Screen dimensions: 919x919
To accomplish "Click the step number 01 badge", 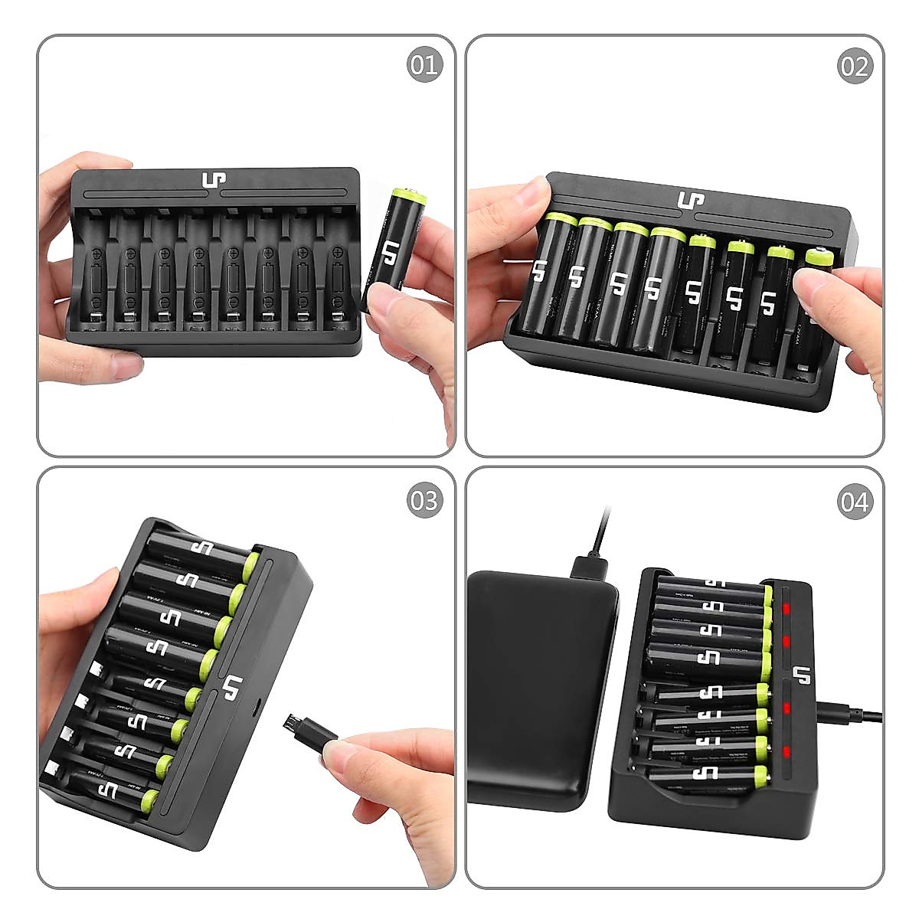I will tap(424, 65).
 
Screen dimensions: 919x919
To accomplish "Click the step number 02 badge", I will tap(854, 67).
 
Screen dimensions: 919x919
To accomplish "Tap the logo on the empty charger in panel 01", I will tap(214, 182).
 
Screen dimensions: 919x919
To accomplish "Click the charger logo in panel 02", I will tap(691, 201).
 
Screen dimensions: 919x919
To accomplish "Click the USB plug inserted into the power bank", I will tap(589, 567).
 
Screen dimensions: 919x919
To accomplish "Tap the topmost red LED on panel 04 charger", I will tap(786, 609).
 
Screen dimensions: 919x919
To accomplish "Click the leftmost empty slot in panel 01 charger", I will tap(95, 272).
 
